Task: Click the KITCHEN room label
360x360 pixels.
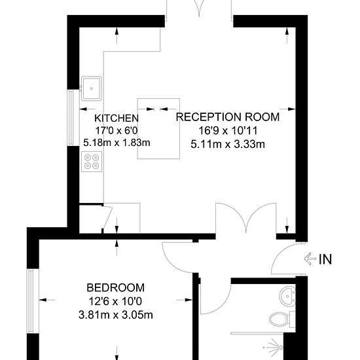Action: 117,118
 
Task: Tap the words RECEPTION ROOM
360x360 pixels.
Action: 228,117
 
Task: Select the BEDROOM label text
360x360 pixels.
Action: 115,288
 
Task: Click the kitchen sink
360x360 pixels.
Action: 92,88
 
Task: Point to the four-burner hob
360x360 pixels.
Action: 92,162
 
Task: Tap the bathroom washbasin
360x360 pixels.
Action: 287,296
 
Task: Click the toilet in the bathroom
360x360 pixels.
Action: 282,319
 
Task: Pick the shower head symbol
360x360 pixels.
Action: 274,348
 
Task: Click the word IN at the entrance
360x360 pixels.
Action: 325,259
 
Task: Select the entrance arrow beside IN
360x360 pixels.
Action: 310,259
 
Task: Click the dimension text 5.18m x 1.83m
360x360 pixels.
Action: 117,143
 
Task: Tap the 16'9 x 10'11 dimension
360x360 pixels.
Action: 228,131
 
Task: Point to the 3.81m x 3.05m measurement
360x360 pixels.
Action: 115,315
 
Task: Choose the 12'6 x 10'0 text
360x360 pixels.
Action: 115,301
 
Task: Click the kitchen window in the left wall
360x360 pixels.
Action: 71,118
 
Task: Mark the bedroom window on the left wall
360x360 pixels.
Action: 31,301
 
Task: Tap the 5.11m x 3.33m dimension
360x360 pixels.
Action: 228,144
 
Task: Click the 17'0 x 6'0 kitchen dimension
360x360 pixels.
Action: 117,131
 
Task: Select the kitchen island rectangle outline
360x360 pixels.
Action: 158,99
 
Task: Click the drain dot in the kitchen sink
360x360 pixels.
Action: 92,88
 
